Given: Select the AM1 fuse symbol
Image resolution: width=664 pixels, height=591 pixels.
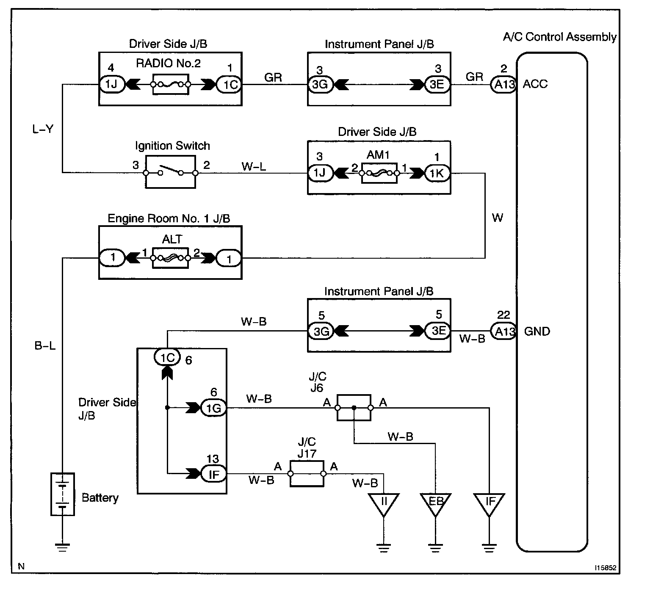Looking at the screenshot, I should coord(379,173).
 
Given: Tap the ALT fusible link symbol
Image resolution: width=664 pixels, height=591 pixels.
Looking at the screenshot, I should coord(170,258).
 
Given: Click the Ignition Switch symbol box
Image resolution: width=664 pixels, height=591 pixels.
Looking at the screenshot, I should coord(170,172).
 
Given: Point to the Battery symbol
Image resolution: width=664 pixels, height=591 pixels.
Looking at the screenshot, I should coord(63,494).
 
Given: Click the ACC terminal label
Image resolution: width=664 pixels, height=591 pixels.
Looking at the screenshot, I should coord(535,84).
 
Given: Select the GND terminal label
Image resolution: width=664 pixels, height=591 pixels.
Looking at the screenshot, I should coord(537,331).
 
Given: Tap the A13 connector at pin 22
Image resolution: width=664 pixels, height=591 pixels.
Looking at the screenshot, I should coord(504,331).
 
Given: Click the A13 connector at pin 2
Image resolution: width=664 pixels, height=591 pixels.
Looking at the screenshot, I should coord(504,85).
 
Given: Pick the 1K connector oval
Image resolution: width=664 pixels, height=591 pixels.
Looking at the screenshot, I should coord(437,173).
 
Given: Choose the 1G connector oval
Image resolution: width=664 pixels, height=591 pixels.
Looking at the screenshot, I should coord(213,408).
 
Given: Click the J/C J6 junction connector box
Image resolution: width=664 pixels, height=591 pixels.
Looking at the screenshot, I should coord(354,408).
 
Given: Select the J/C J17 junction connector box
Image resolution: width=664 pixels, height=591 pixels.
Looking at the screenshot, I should coord(307,474).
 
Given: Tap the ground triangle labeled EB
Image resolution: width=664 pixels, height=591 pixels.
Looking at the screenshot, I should coord(435,503).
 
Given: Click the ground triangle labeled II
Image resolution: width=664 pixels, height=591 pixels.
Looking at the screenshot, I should coord(384,503).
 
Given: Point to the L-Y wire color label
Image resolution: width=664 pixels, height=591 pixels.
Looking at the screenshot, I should coord(43,129).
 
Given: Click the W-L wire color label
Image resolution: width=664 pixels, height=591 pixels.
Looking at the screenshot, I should coord(254,166).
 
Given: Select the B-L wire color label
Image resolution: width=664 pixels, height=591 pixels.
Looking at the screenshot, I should coord(45,346).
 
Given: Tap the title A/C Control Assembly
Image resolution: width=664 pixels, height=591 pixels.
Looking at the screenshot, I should coord(559,37).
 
